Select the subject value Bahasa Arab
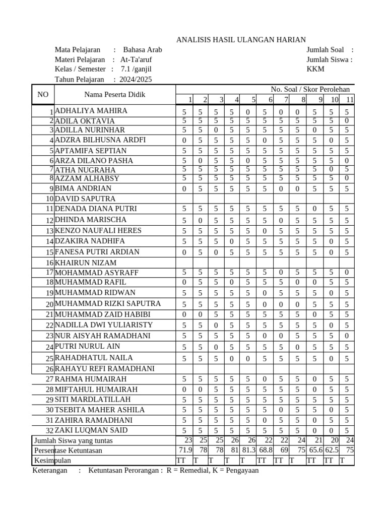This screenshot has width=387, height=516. (143, 50)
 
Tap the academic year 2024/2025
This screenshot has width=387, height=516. (136, 79)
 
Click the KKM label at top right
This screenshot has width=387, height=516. (315, 69)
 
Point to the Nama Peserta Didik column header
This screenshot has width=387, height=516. (114, 94)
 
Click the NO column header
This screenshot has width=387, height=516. (43, 94)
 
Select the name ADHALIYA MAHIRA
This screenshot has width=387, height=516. (91, 111)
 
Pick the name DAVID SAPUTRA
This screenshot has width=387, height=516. (85, 199)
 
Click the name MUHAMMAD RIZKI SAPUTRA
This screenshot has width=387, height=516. (108, 303)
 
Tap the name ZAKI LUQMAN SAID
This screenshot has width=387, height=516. (91, 430)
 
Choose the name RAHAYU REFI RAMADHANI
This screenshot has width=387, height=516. (104, 368)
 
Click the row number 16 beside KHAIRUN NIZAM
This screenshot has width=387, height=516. (49, 263)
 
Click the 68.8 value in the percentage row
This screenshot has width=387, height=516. (266, 450)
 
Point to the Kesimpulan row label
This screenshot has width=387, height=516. (52, 460)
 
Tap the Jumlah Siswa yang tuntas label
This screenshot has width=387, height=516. (73, 440)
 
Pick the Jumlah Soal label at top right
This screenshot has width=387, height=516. (325, 50)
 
